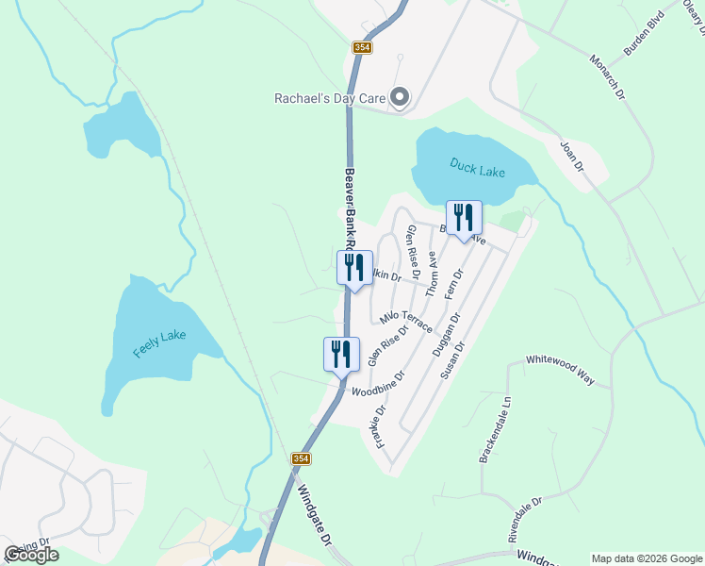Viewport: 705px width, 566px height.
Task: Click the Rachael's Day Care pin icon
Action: pos(400,97)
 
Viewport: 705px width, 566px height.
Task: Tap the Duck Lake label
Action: pos(477,169)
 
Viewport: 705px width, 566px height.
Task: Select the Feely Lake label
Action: pos(159,343)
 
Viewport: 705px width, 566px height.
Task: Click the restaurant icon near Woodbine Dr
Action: pos(341,355)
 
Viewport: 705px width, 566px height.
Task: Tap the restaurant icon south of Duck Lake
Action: pos(463,218)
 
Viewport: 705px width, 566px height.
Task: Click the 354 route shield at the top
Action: pos(363,46)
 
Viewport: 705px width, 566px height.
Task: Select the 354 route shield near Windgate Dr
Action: pos(301,458)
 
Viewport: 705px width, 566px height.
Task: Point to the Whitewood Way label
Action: pos(561,370)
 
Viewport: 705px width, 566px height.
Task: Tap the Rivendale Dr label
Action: pos(526,520)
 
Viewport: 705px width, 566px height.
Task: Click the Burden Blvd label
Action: pos(644,33)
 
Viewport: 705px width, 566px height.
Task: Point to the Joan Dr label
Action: pos(572,156)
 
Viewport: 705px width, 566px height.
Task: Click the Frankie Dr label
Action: pos(382,426)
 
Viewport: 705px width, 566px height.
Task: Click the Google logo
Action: pos(31,555)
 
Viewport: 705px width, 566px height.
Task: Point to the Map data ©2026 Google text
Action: pos(647,558)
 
